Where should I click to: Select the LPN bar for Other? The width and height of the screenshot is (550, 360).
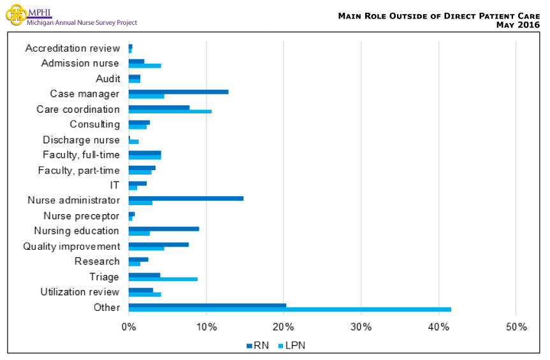[x=290, y=310]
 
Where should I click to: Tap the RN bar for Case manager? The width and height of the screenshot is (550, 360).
[x=178, y=92]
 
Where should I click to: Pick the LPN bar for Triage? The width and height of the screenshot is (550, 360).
[x=163, y=279]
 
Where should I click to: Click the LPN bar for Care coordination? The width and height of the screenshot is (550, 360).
[x=170, y=112]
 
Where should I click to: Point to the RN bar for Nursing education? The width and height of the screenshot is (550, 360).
[x=164, y=229]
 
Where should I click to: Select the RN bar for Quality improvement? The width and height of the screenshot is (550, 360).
[x=159, y=244]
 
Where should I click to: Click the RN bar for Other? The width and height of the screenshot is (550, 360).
[x=207, y=305]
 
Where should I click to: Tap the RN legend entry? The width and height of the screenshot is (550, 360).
[x=257, y=345]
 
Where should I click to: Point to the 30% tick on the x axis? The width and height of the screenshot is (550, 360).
[x=361, y=328]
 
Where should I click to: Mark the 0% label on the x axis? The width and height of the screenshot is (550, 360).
[x=129, y=328]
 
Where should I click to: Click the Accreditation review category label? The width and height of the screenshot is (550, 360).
[x=72, y=48]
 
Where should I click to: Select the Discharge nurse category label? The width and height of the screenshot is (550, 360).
[x=81, y=140]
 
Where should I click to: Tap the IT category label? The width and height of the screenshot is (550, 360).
[x=115, y=185]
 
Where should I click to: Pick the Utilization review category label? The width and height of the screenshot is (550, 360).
[x=80, y=292]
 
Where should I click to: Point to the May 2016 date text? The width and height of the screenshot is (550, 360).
[x=517, y=25]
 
